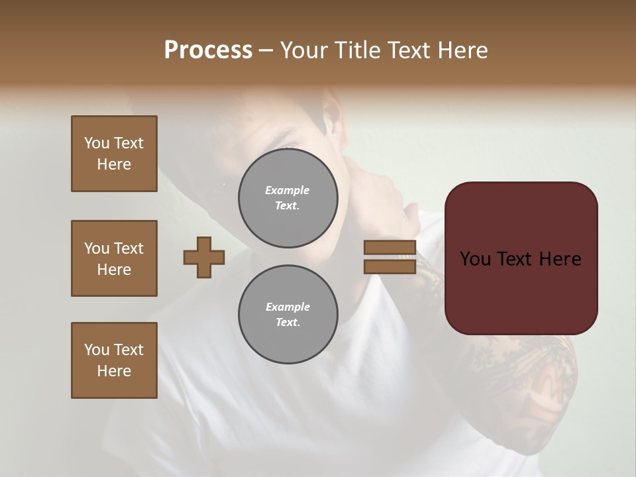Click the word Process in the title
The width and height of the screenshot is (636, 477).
[x=208, y=50]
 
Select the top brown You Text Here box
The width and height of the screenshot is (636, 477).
[x=114, y=154]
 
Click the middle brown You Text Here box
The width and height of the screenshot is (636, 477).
[x=114, y=258]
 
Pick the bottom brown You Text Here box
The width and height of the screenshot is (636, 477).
[x=114, y=360]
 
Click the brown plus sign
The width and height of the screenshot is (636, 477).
[x=204, y=257]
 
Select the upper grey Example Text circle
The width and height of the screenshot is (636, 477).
[x=288, y=198]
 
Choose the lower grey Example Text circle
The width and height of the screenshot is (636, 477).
[x=288, y=315]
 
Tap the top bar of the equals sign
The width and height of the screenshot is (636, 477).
[x=390, y=248]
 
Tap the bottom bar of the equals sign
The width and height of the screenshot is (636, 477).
[x=390, y=267]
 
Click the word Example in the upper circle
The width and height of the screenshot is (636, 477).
[x=287, y=190]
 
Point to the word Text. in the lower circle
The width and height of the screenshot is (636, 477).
[x=288, y=323]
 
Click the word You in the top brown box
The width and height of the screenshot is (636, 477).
[x=96, y=143]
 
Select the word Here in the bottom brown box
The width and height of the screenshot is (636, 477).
[x=114, y=371]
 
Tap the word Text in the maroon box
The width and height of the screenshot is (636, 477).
[x=515, y=259]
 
